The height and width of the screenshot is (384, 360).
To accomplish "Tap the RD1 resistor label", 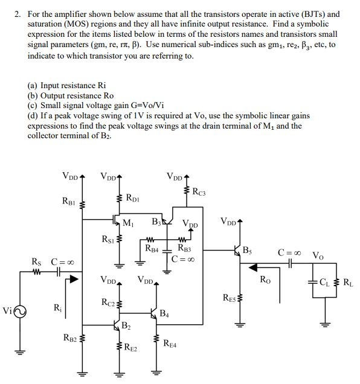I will pos(135,196).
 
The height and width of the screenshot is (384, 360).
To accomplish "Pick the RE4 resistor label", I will pos(172,344).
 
